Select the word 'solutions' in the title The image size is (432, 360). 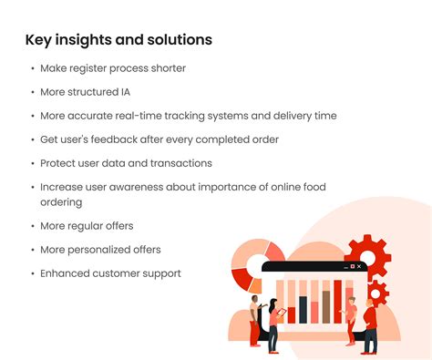[x=180, y=39]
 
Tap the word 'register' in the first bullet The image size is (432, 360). [x=88, y=68]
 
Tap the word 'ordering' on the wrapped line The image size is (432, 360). [x=61, y=202]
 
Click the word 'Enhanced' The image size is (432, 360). [x=65, y=273]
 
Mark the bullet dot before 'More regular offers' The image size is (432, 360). [x=33, y=226]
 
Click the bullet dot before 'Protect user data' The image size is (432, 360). [x=33, y=163]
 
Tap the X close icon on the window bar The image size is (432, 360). [x=359, y=266]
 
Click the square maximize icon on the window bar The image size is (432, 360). [x=353, y=266]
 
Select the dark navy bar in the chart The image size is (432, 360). [x=303, y=310]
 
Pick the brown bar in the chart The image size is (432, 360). [x=326, y=307]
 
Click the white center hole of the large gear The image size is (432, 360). [x=367, y=258]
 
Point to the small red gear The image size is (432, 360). [x=376, y=293]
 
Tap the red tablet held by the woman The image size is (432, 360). [x=282, y=312]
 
